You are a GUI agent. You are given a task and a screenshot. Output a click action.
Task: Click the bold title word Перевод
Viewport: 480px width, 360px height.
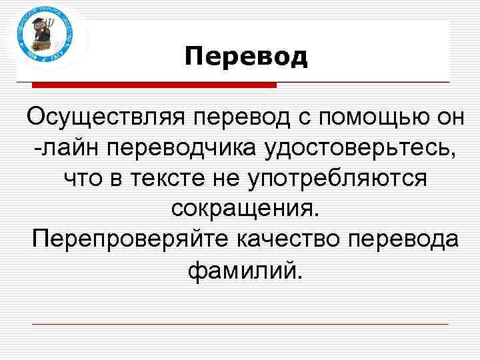(x=246, y=57)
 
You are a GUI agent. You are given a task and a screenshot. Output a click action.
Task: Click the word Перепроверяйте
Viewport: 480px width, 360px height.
(x=121, y=239)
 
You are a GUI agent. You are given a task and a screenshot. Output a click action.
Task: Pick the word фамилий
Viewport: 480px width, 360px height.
(x=245, y=270)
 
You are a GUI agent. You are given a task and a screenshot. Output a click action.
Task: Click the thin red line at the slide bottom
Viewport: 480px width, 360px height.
(x=240, y=325)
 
